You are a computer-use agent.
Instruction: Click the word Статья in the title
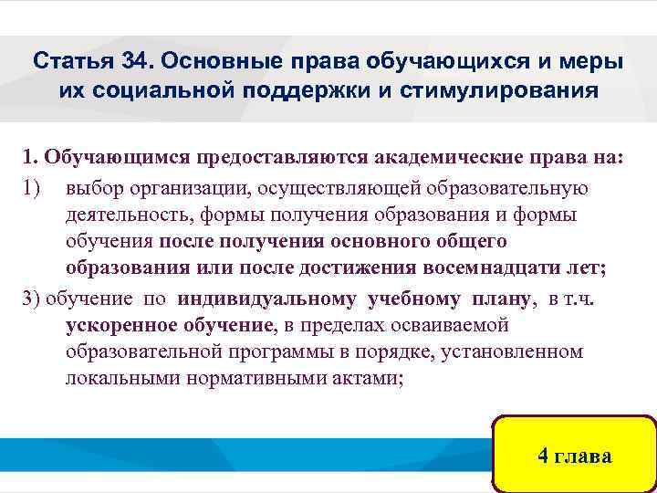point(71,63)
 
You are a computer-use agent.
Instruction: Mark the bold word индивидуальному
point(270,299)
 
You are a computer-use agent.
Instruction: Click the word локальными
point(119,380)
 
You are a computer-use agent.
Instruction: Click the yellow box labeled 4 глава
point(574,456)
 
